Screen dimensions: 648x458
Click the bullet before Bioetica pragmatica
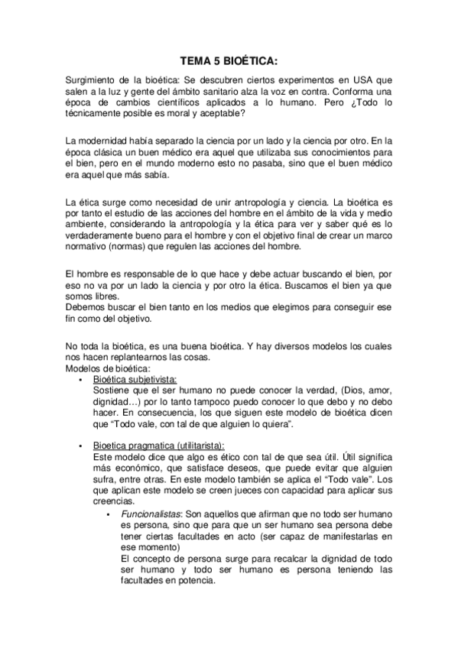(81, 445)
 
